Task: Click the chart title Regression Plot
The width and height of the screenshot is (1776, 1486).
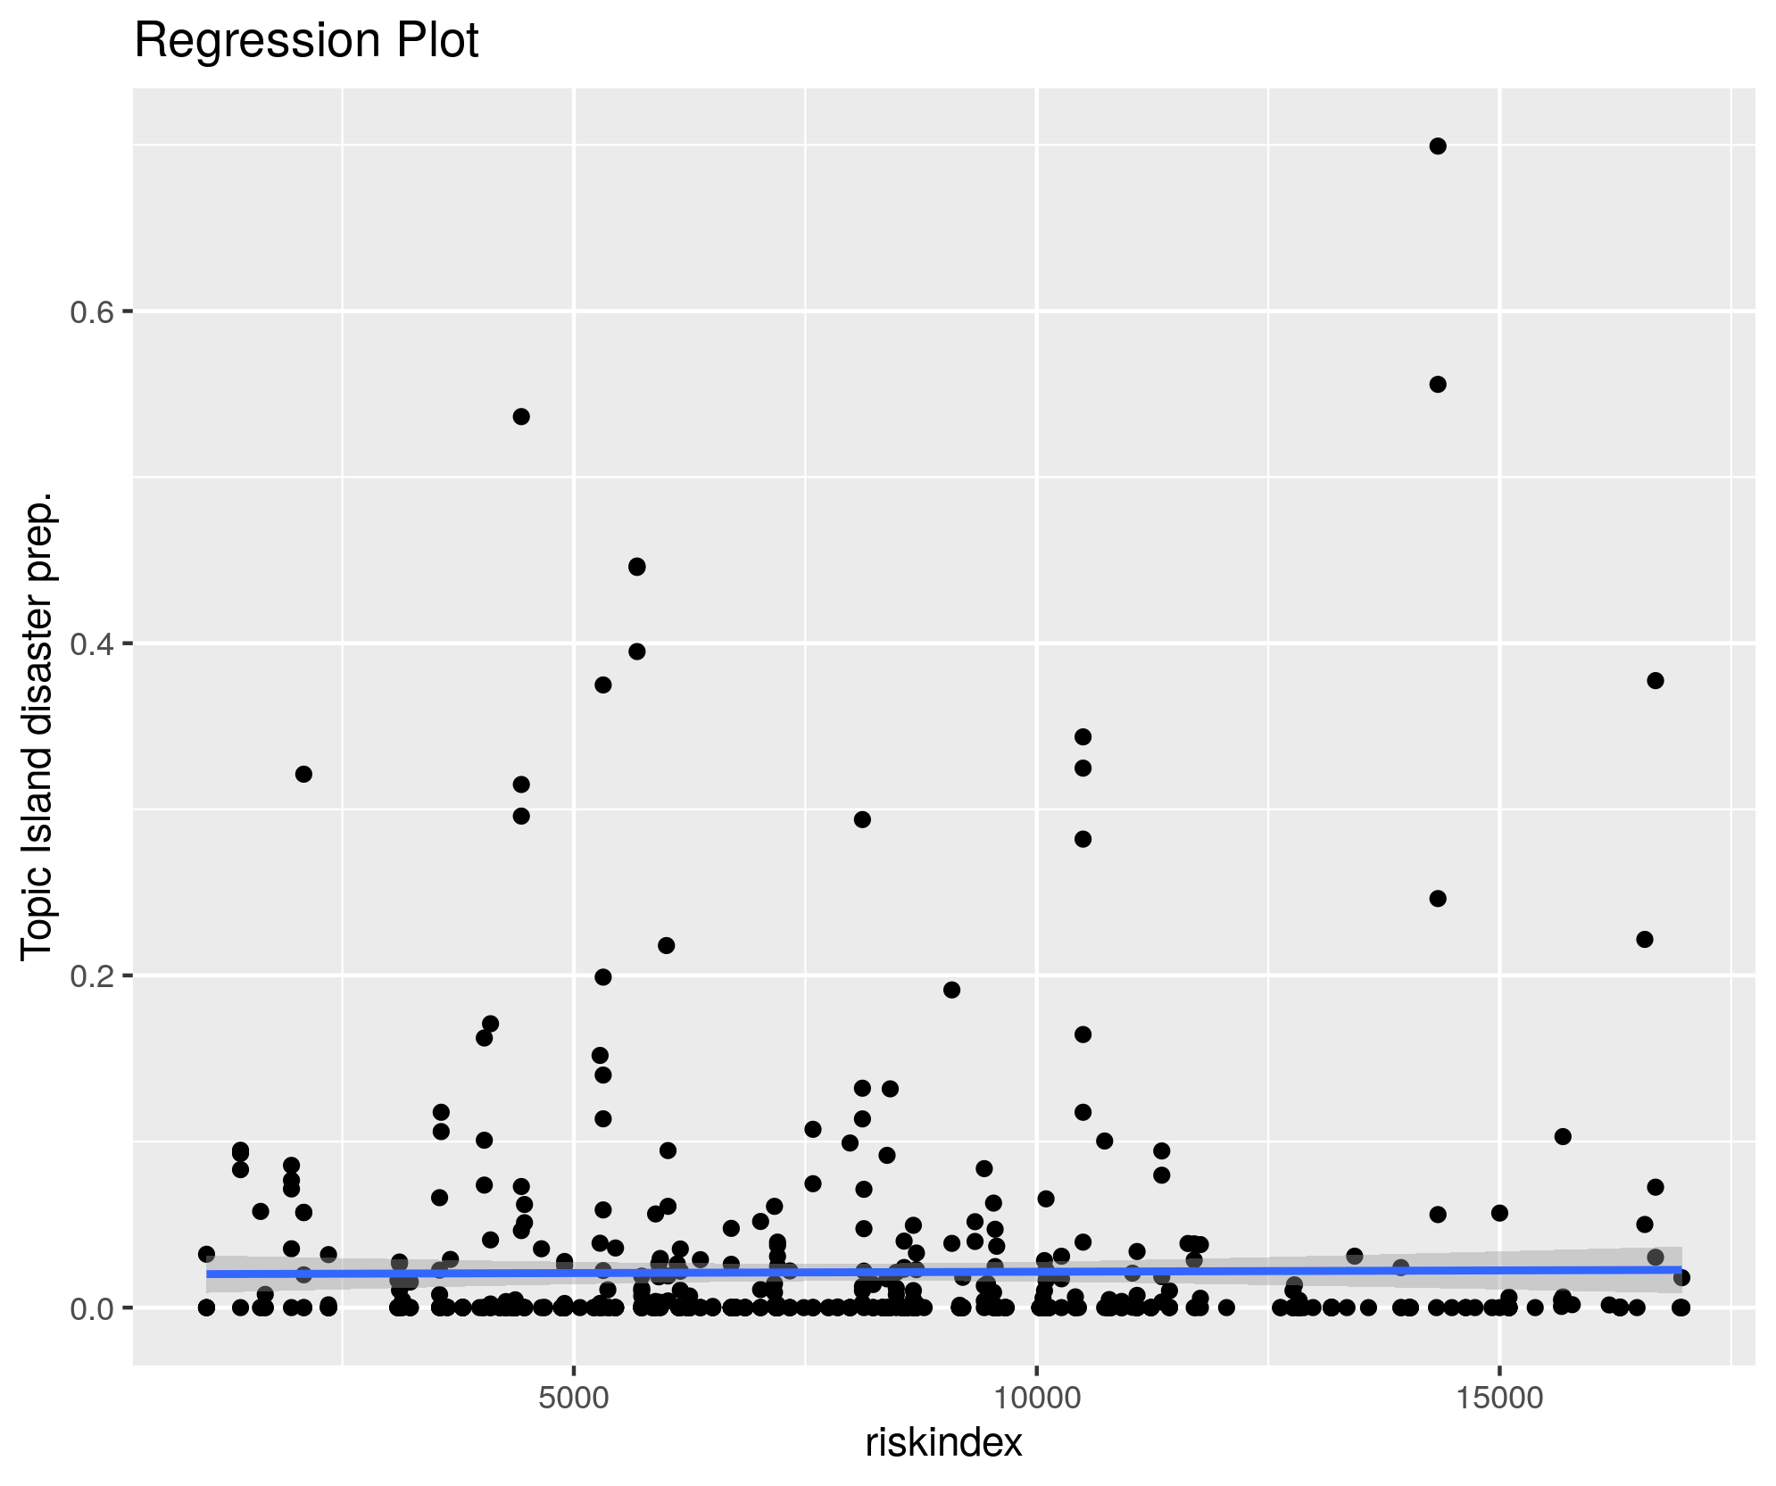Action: (306, 41)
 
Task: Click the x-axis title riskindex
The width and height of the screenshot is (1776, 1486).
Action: (943, 1442)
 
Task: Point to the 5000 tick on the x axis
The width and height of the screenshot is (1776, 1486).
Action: (573, 1399)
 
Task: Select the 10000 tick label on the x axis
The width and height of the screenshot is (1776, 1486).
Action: (1036, 1399)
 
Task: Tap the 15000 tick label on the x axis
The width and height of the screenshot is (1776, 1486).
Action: (1498, 1399)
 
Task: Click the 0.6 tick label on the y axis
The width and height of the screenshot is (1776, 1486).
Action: (89, 311)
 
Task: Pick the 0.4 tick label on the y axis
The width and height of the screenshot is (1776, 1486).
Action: (89, 643)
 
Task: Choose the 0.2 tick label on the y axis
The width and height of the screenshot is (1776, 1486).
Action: (89, 975)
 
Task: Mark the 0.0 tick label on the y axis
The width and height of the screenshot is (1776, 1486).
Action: (89, 1308)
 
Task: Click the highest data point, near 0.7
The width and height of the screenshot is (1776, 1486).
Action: (1438, 146)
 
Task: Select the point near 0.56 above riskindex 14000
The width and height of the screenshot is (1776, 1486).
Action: (1438, 385)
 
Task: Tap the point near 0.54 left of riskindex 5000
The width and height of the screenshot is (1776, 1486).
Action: (522, 417)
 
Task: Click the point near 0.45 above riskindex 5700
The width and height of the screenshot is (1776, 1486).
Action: (637, 567)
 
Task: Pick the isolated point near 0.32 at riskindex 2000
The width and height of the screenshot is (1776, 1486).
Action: (303, 774)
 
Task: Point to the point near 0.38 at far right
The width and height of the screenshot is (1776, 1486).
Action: (1656, 681)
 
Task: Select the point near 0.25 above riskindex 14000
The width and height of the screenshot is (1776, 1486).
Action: (1438, 899)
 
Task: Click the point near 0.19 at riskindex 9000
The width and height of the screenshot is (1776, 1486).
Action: (952, 990)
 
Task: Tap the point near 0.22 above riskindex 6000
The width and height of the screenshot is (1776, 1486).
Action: (667, 946)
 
